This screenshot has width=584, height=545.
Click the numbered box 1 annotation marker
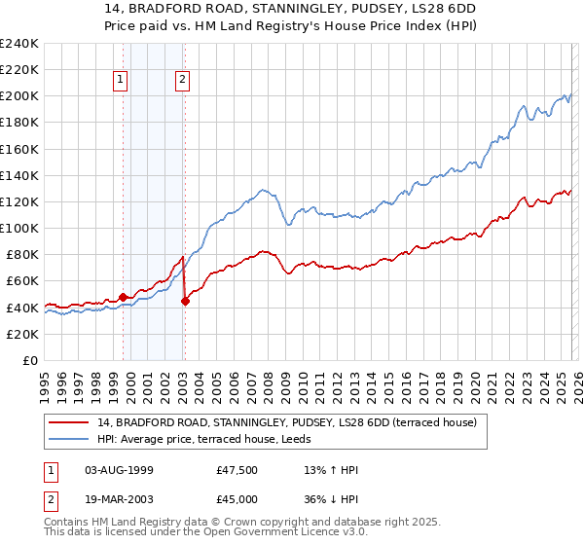coord(122,82)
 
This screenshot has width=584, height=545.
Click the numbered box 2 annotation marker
coord(183,82)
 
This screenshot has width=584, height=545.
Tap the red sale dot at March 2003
coord(185,301)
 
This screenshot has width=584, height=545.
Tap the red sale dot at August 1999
coord(123,297)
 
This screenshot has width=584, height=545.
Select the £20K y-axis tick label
coord(22,334)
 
